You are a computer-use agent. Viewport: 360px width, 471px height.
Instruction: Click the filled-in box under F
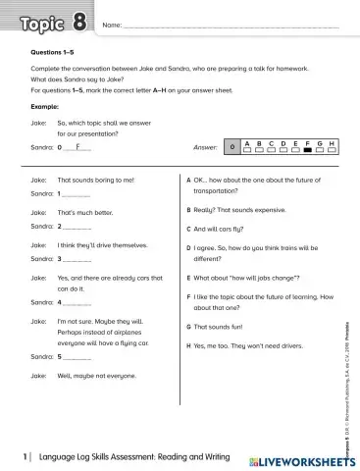click(x=307, y=150)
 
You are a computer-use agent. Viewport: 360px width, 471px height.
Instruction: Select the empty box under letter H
click(x=333, y=150)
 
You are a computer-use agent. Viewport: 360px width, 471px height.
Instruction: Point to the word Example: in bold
click(x=45, y=105)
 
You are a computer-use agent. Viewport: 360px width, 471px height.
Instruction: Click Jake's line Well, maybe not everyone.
click(x=96, y=376)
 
